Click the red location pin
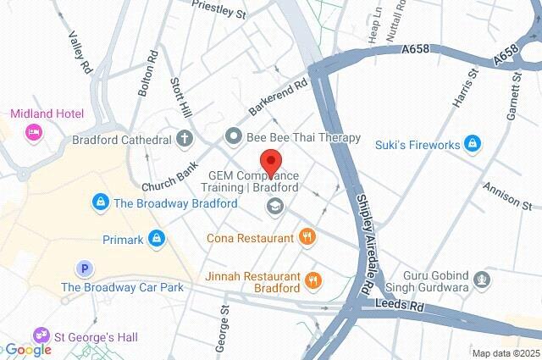tap(270, 161)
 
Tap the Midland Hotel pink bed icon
tap(33, 131)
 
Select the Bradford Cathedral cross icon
tap(185, 137)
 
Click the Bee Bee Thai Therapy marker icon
tap(233, 136)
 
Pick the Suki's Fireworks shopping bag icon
tap(473, 145)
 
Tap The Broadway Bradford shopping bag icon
tap(101, 202)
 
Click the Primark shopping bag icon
tap(155, 240)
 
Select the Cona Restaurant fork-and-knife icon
tap(307, 238)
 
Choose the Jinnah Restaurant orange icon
tap(312, 280)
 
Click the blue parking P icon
tap(84, 269)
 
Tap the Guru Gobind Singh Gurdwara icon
tap(482, 279)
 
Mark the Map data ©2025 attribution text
tap(505, 353)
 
